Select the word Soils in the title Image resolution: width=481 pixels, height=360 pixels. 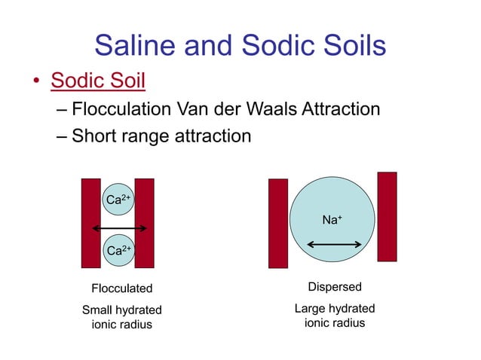pyautogui.click(x=351, y=46)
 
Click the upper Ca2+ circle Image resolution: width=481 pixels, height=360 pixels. pyautogui.click(x=117, y=200)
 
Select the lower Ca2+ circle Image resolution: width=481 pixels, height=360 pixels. pyautogui.click(x=117, y=249)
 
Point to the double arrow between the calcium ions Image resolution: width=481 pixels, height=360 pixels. pyautogui.click(x=118, y=227)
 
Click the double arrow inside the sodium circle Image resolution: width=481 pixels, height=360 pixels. pyautogui.click(x=335, y=245)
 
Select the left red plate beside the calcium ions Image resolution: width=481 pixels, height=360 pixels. pyautogui.click(x=90, y=223)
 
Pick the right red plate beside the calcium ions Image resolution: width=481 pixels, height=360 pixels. pyautogui.click(x=144, y=223)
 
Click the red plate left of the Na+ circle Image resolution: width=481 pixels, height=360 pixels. pyautogui.click(x=278, y=223)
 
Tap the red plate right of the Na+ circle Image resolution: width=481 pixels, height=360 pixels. pyautogui.click(x=387, y=217)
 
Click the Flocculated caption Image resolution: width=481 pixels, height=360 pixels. pyautogui.click(x=121, y=288)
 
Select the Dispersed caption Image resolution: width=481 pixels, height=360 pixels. pyautogui.click(x=335, y=287)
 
